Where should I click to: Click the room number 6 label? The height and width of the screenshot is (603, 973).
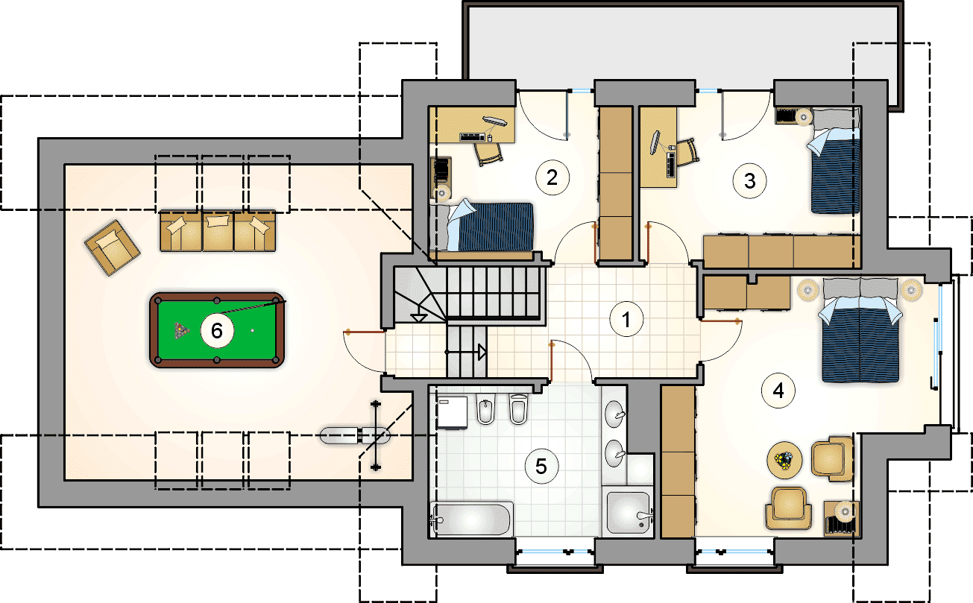pos(217,331)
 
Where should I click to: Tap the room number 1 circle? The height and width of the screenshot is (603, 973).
pos(626,320)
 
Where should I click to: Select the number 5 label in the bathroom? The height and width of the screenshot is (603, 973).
pos(541,467)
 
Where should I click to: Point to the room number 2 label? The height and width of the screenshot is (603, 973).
pos(552,177)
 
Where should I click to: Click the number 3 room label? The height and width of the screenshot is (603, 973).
pos(749,181)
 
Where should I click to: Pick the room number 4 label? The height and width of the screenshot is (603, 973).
pos(778,391)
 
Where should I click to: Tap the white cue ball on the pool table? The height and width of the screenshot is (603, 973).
pos(252,331)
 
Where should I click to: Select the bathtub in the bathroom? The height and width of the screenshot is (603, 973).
pos(471,519)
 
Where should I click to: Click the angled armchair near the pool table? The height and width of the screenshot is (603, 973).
pos(112,247)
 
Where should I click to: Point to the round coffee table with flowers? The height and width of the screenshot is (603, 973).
pos(784,460)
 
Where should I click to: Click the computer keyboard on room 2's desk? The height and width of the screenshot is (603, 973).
pos(473,136)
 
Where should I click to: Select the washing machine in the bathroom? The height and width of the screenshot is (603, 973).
pos(452,412)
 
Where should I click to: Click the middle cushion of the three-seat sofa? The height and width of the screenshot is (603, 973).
pos(218,231)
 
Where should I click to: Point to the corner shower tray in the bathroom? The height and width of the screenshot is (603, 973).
pos(628,513)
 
